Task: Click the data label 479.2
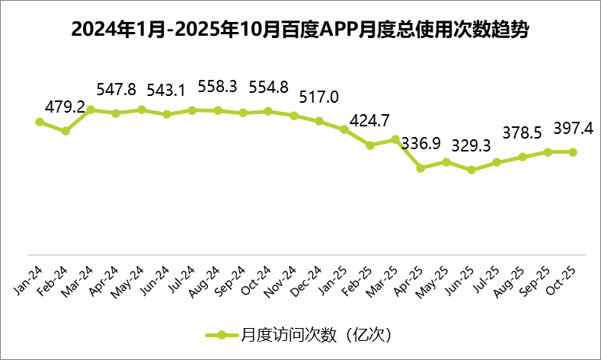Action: click(65, 107)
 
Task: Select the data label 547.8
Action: click(116, 89)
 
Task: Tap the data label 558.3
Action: click(218, 86)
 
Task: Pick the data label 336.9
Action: click(420, 144)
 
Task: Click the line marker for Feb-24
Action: click(66, 131)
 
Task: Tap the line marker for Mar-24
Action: click(91, 110)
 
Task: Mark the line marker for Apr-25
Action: click(420, 167)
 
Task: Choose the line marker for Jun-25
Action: click(472, 170)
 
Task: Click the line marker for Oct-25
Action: click(573, 151)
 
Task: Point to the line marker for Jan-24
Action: click(40, 121)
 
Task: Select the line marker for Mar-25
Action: click(395, 139)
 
